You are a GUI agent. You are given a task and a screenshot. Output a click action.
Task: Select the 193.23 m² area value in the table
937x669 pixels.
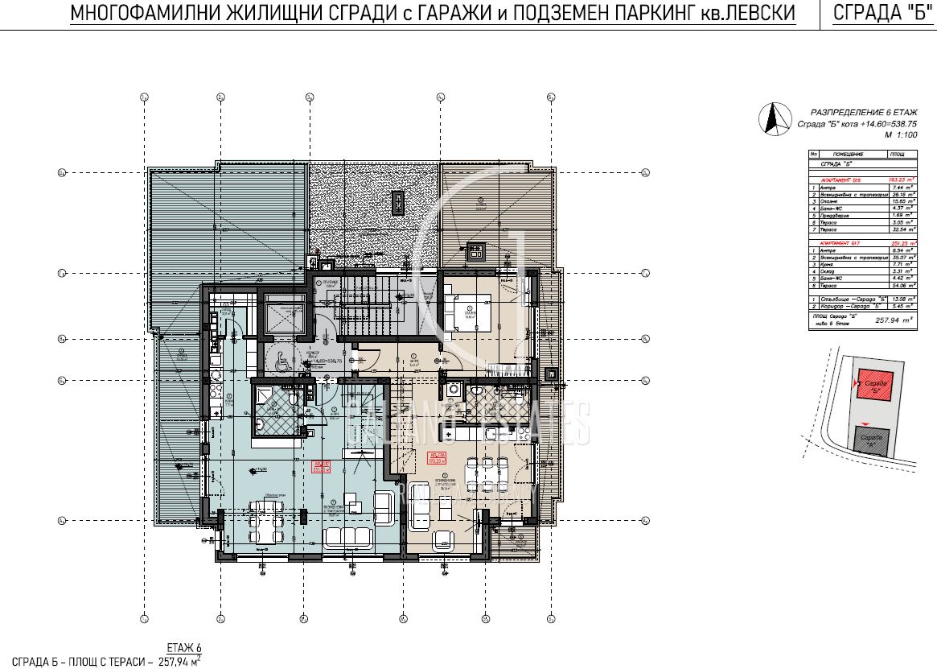point(902,180)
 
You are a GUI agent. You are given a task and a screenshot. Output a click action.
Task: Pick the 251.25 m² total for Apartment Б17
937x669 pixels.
point(902,242)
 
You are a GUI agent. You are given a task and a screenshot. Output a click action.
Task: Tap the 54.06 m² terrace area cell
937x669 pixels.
point(902,285)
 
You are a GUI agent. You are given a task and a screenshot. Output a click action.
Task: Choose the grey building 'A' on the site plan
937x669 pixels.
point(872,439)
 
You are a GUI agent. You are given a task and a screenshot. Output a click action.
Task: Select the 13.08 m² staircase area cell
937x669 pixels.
point(902,299)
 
